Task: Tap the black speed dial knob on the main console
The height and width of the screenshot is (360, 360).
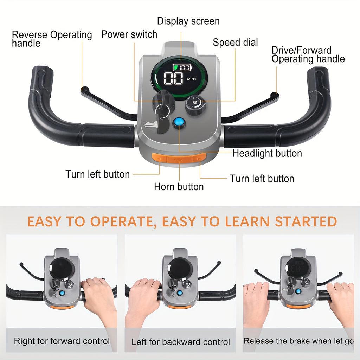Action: point(195,105)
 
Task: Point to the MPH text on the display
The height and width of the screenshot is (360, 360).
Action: point(192,79)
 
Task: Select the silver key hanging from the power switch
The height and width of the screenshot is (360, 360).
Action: point(152,124)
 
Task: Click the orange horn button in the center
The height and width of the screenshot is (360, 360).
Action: point(179,159)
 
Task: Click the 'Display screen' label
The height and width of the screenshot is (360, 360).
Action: point(188,21)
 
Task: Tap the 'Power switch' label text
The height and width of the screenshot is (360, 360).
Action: point(129,34)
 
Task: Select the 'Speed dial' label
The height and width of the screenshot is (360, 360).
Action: point(235,42)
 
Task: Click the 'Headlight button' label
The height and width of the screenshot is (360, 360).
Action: point(267,153)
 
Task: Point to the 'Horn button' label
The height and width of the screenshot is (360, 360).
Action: point(179,187)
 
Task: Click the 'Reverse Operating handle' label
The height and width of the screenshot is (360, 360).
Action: point(52,39)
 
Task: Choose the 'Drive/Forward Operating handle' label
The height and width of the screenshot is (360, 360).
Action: point(308,54)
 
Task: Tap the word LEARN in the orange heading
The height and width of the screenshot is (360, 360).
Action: point(247,221)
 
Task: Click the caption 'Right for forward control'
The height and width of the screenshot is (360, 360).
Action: point(62,341)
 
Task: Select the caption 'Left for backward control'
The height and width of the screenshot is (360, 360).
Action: point(181,342)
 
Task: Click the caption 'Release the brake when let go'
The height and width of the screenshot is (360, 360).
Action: point(298,341)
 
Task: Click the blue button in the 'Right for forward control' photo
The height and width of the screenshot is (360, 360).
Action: point(62,293)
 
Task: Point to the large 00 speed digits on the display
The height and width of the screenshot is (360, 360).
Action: point(173,78)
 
